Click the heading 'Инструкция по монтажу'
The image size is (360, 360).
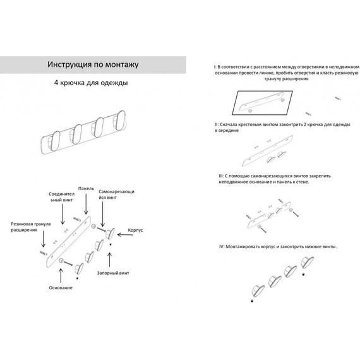click(x=93, y=64)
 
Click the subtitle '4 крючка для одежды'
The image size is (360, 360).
click(x=91, y=83)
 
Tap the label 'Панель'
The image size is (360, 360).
click(x=86, y=188)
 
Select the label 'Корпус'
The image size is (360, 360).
click(x=135, y=230)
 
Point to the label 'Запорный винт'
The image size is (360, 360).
click(x=113, y=273)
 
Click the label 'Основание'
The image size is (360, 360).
click(x=61, y=287)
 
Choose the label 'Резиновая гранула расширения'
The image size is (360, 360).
click(x=31, y=227)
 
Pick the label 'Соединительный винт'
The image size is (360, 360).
click(x=61, y=197)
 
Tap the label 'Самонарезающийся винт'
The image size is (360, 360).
click(x=116, y=195)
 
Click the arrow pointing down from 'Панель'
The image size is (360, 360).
click(x=86, y=204)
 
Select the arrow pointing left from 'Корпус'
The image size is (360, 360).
click(x=125, y=235)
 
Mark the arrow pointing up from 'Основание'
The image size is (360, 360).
click(x=61, y=276)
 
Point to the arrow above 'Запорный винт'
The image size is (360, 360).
click(x=110, y=260)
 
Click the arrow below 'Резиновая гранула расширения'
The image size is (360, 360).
click(x=43, y=239)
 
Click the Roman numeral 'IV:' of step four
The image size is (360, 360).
click(x=222, y=246)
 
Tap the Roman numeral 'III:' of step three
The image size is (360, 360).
click(x=221, y=176)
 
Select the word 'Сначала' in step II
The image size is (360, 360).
click(x=228, y=124)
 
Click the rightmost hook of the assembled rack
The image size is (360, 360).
click(x=119, y=119)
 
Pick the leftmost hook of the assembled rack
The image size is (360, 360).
click(x=54, y=141)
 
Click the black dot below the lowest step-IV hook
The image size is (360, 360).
click(x=252, y=301)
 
